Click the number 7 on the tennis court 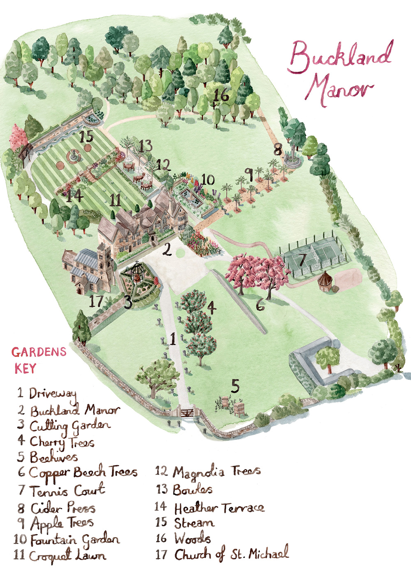point(302,260)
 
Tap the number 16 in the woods point(221,95)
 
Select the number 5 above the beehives point(235,386)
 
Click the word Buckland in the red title point(340,58)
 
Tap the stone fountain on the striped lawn point(74,155)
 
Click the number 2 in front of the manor point(166,249)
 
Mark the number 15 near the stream point(87,136)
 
